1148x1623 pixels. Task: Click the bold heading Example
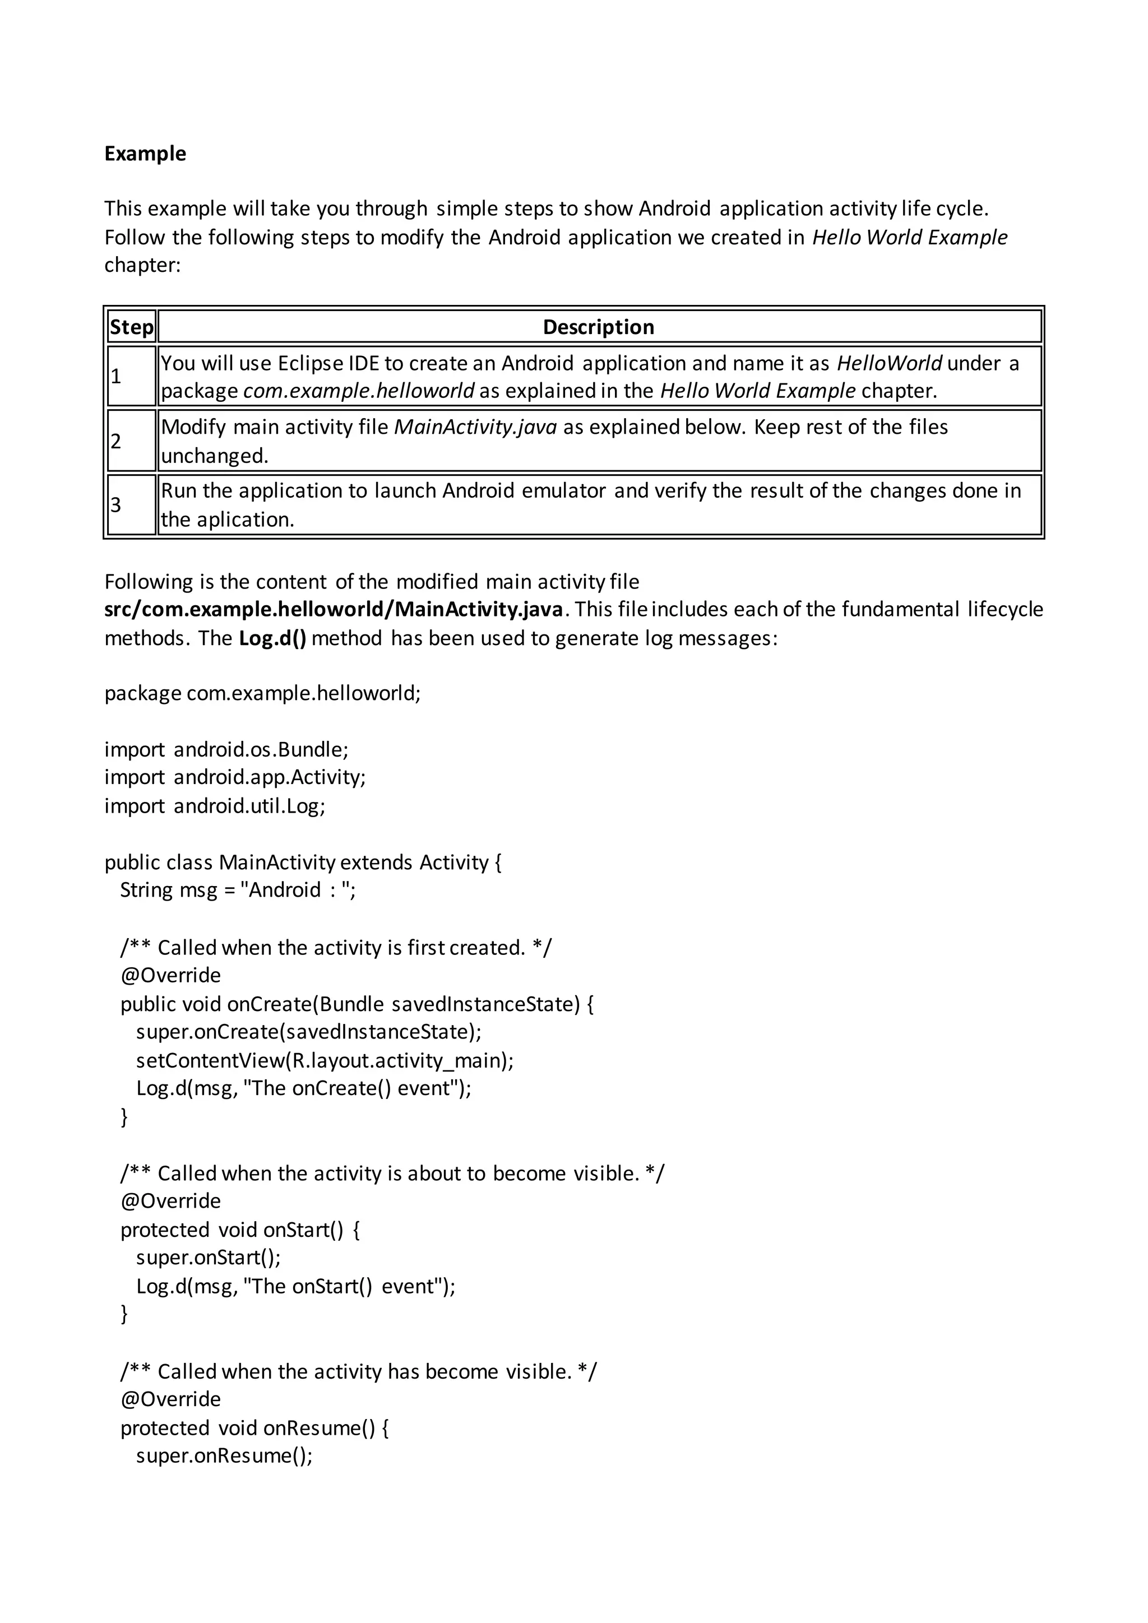tap(145, 154)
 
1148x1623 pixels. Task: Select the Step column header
tap(132, 327)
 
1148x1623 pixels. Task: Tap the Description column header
tap(598, 327)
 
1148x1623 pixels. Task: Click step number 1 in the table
tap(116, 376)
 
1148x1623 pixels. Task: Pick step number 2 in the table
tap(116, 441)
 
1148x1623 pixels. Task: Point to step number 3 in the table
tap(116, 505)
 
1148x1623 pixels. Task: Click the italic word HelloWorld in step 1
tap(888, 363)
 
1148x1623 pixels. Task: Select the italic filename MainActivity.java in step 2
tap(475, 427)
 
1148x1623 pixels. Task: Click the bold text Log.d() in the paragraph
tap(273, 638)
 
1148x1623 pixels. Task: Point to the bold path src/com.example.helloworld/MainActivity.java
tap(334, 609)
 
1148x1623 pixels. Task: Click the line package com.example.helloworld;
tap(262, 693)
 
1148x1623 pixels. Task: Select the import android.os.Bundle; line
tap(226, 749)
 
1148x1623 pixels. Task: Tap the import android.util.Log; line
tap(215, 806)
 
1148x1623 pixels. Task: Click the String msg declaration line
tap(238, 889)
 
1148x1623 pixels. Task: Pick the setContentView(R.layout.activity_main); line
tap(325, 1060)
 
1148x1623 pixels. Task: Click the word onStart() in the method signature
tap(303, 1230)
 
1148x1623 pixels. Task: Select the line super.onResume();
tap(224, 1455)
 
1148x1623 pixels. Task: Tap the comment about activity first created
tap(336, 947)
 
